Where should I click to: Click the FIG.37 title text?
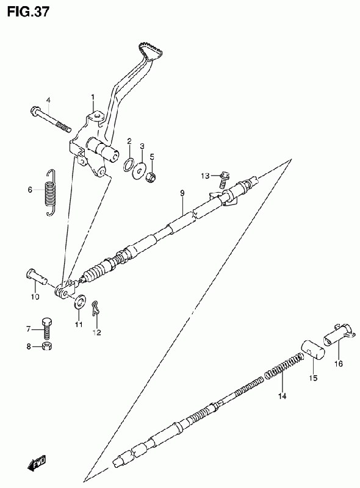pos(27,12)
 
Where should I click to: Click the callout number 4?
pos(48,100)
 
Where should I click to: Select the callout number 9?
pos(182,193)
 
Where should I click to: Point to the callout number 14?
pos(282,396)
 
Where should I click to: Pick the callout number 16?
pos(338,363)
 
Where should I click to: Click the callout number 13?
pos(205,176)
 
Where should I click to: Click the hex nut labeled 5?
pos(151,176)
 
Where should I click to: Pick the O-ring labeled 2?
pos(129,164)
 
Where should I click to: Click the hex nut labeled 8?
pos(47,346)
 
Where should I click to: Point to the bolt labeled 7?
pos(47,328)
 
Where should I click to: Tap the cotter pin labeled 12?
pos(96,309)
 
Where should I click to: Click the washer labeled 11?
pos(80,301)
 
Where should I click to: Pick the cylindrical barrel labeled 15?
pos(312,350)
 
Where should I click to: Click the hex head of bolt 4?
pos(35,110)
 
